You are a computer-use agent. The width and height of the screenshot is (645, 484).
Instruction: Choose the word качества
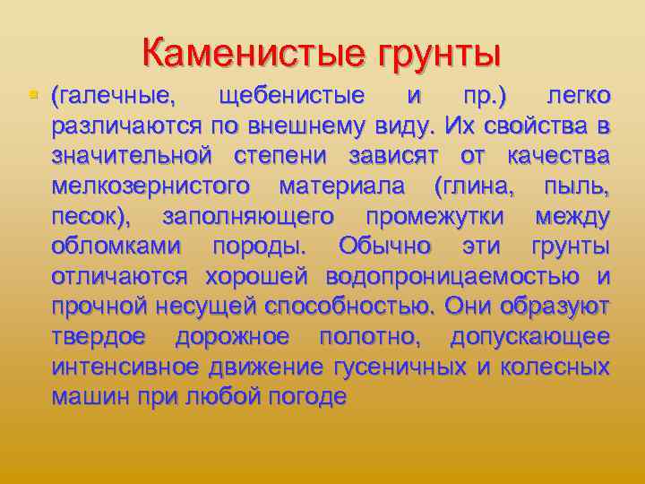tap(558, 156)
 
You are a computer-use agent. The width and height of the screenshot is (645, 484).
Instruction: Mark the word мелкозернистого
tap(152, 186)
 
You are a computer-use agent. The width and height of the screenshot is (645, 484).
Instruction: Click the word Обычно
tap(384, 246)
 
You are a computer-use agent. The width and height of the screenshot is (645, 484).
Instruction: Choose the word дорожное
tap(232, 337)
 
